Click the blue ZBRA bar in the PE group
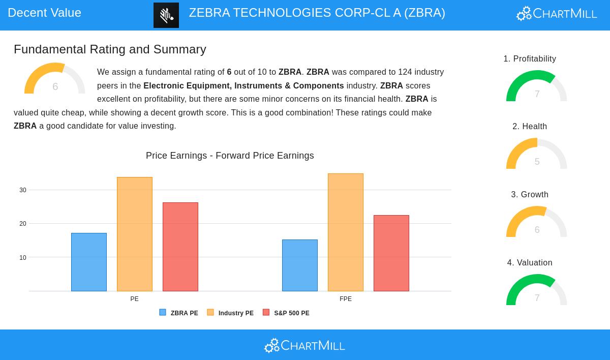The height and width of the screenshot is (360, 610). [x=89, y=262]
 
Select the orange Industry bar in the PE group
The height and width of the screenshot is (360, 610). [x=135, y=234]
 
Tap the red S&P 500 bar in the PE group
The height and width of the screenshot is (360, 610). [x=180, y=247]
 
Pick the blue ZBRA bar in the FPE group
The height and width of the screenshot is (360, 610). [x=300, y=265]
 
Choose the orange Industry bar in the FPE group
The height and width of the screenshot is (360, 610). [x=346, y=232]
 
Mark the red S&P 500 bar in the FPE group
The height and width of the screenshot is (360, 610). [x=391, y=253]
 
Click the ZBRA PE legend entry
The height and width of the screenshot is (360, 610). [x=179, y=313]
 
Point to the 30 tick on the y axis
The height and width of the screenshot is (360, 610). [x=23, y=190]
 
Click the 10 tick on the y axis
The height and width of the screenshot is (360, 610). [x=23, y=258]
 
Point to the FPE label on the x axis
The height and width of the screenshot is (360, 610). [x=346, y=299]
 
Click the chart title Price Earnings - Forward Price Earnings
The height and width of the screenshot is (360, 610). [x=230, y=156]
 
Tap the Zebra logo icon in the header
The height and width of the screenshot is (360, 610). [x=166, y=15]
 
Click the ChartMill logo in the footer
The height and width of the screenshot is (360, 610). [x=304, y=345]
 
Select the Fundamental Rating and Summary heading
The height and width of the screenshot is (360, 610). [x=110, y=49]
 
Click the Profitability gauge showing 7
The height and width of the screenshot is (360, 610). [x=537, y=87]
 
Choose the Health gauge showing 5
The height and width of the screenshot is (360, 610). [x=537, y=155]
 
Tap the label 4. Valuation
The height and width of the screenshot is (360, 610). [x=530, y=263]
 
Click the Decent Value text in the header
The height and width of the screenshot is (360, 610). [x=45, y=13]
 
